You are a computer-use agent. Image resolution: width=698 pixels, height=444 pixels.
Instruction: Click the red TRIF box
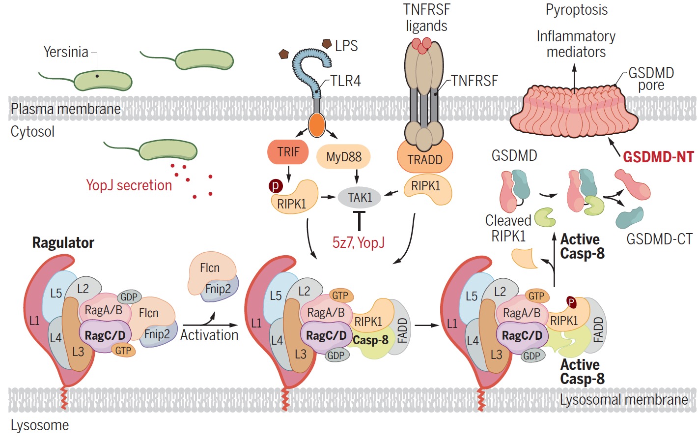click(x=288, y=152)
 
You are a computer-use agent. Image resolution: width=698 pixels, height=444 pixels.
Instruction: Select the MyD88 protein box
click(x=343, y=157)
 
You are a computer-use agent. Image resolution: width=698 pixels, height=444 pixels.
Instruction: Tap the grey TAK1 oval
click(x=360, y=198)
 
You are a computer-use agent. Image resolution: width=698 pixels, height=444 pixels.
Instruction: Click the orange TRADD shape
click(x=425, y=159)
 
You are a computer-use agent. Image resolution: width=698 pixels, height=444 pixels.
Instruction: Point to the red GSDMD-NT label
click(x=658, y=157)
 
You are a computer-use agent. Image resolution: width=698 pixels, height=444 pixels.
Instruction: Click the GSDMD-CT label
click(x=659, y=239)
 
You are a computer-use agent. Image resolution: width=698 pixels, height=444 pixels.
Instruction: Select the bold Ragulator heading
click(x=63, y=243)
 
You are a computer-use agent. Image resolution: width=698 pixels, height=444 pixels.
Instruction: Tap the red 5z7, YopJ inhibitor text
click(x=359, y=242)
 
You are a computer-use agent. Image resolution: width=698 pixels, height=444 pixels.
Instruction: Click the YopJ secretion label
click(x=129, y=185)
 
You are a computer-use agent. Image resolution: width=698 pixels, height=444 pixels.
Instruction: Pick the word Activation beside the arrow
click(x=209, y=335)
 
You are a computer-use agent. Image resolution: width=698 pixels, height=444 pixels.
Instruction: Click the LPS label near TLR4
click(x=346, y=46)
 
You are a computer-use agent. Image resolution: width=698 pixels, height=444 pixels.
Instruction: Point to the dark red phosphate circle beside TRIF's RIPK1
click(x=276, y=186)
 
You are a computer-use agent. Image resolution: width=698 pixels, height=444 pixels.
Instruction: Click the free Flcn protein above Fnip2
click(x=210, y=268)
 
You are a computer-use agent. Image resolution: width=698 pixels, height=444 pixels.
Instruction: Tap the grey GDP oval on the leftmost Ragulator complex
click(x=129, y=297)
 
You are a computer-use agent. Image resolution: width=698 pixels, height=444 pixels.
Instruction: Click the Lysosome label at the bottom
click(x=40, y=425)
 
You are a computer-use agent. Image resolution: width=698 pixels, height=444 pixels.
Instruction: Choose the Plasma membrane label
click(x=65, y=109)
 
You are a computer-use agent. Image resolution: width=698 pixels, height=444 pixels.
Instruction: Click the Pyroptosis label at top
click(x=577, y=10)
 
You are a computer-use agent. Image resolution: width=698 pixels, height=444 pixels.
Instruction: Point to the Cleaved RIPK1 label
click(x=508, y=228)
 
